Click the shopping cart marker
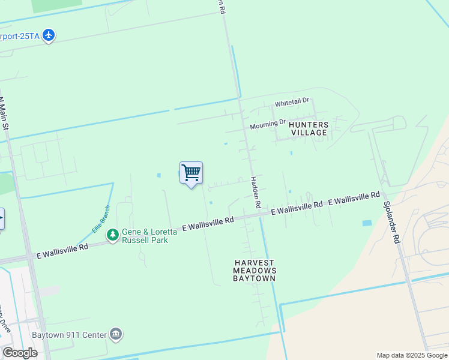point(191,173)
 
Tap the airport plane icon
point(49,35)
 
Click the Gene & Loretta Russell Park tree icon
point(112,235)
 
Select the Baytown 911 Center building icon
point(116,334)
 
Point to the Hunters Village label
point(309,128)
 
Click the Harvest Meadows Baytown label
point(255,271)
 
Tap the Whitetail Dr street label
point(292,103)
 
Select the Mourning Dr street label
point(268,125)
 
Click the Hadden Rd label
point(256,193)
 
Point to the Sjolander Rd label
point(391,221)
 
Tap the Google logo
point(20,353)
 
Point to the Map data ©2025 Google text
point(412,355)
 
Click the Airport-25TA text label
point(20,36)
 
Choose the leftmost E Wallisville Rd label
point(62,250)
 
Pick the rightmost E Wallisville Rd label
point(354,199)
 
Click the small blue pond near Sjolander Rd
point(367,223)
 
